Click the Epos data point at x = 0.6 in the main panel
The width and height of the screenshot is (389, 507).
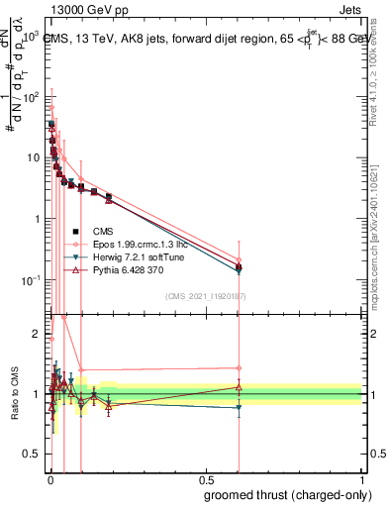pos(238,259)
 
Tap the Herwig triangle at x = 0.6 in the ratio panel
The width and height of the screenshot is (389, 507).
pos(238,407)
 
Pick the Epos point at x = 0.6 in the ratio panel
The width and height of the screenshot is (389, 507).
pos(238,368)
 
